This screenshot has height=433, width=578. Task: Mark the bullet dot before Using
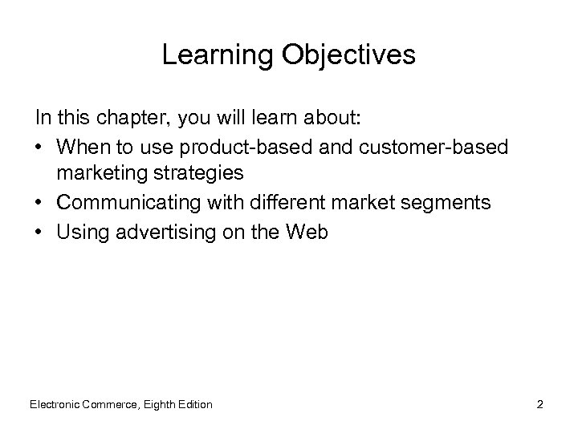[x=39, y=233]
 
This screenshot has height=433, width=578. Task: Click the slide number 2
[x=540, y=404]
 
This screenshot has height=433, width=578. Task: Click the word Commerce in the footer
[x=113, y=404]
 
